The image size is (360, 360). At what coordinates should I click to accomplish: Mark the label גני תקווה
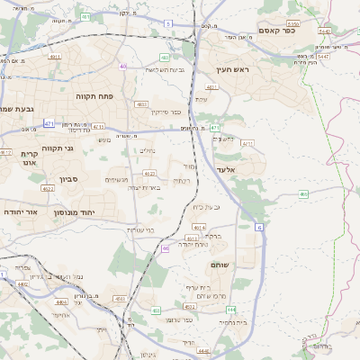57,148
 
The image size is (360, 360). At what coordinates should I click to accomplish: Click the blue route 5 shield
167,23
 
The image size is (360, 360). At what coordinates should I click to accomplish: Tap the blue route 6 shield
260,229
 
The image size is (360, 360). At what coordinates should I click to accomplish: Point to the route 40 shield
123,66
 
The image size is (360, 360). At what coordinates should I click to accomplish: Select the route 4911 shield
54,56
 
